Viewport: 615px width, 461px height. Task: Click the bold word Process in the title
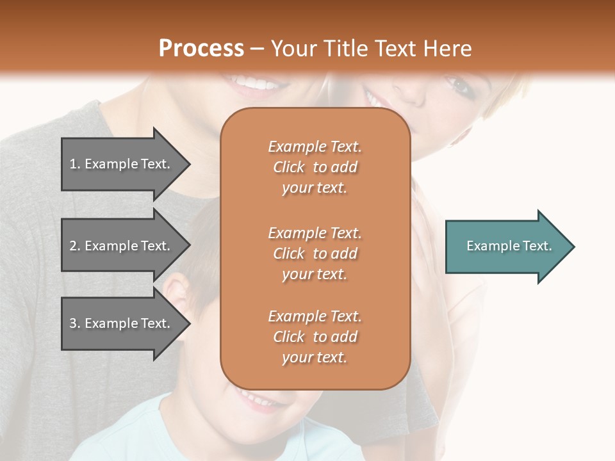point(201,49)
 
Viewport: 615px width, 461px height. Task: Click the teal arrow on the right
point(506,247)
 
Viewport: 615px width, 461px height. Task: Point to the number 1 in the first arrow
point(73,164)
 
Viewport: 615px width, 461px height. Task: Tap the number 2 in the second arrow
point(73,246)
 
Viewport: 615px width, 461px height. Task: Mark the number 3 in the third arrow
point(73,323)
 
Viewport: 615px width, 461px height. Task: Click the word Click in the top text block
point(288,167)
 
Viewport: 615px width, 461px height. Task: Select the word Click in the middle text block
point(288,254)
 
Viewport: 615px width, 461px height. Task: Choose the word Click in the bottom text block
point(288,337)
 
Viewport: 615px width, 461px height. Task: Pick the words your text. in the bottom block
point(315,358)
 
